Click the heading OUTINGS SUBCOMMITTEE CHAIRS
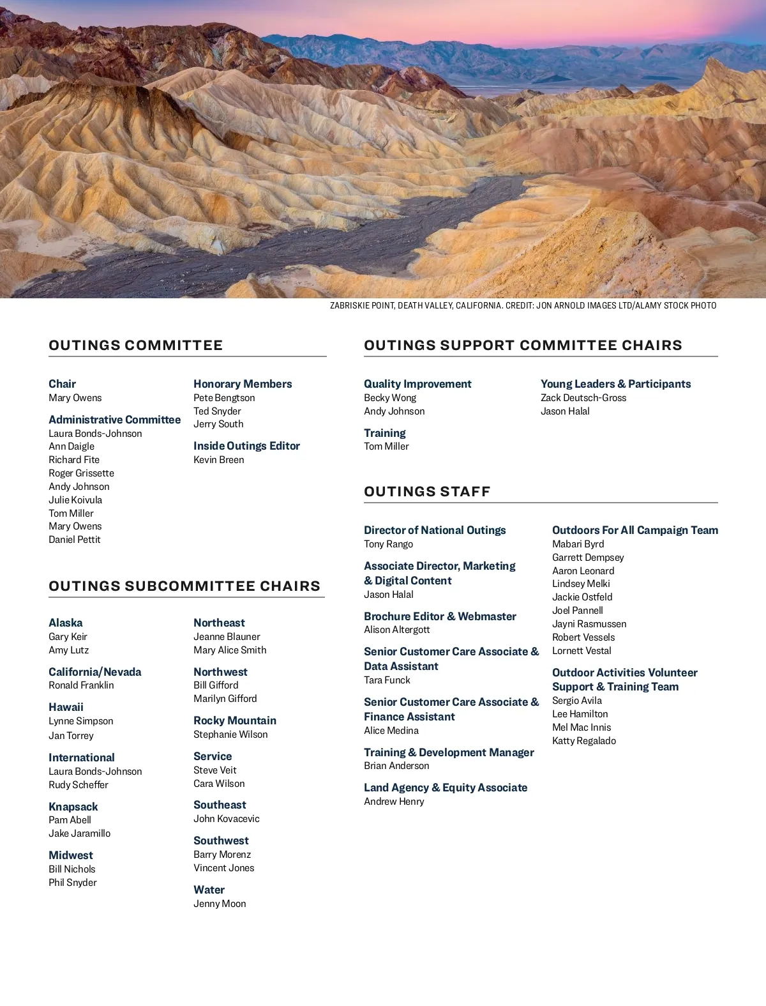pos(184,586)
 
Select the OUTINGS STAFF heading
pos(427,492)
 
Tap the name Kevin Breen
pos(218,460)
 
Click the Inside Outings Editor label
pos(246,446)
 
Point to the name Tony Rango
pos(388,544)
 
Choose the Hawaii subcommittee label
pos(66,707)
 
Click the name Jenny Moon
pos(220,904)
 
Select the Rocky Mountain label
pos(235,720)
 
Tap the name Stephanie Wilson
pos(230,735)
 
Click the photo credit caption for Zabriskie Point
pos(523,306)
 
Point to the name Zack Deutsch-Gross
pos(583,398)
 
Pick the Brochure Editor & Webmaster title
pos(440,616)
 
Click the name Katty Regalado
pos(584,741)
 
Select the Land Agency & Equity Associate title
pos(446,788)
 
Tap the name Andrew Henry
pos(394,802)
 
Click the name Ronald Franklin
pos(81,685)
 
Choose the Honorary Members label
pos(243,384)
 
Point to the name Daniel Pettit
pos(75,540)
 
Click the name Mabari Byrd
pos(578,544)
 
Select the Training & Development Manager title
pos(449,752)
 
